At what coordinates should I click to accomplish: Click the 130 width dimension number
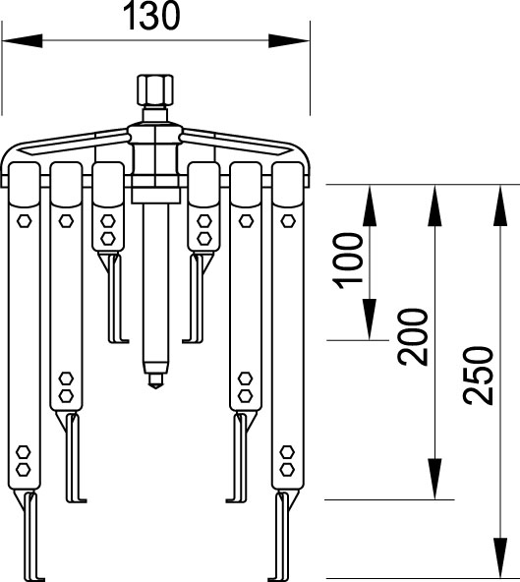pyautogui.click(x=151, y=16)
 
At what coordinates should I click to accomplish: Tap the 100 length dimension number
pyautogui.click(x=348, y=261)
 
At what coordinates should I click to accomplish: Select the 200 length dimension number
pyautogui.click(x=412, y=337)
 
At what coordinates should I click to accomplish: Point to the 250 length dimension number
pyautogui.click(x=479, y=376)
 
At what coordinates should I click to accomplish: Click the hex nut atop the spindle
pyautogui.click(x=155, y=90)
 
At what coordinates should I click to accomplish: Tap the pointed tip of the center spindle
pyautogui.click(x=155, y=388)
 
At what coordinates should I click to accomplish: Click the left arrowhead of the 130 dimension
pyautogui.click(x=23, y=41)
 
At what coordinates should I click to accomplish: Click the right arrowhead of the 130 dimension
pyautogui.click(x=289, y=41)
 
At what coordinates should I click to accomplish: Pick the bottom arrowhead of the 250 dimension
pyautogui.click(x=500, y=557)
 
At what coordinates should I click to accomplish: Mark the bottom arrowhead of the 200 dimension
pyautogui.click(x=434, y=479)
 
